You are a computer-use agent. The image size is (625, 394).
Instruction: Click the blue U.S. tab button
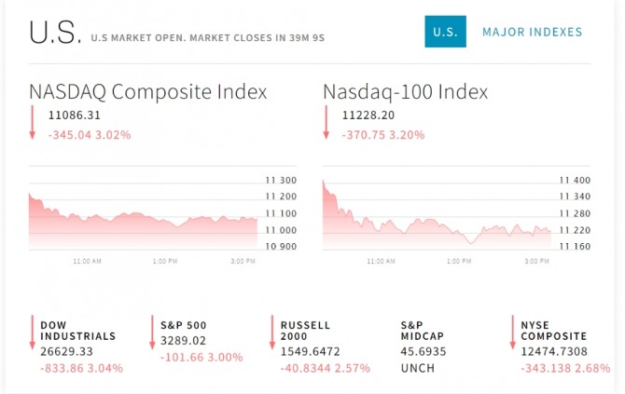pos(445,32)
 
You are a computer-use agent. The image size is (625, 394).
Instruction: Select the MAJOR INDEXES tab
pos(532,32)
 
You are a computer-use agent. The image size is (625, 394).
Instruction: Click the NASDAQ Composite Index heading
pos(148,92)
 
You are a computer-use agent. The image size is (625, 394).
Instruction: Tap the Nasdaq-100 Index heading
pos(405,92)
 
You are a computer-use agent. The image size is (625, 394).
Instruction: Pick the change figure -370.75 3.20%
pos(383,134)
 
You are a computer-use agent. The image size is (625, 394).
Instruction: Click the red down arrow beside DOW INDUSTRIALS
pos(32,333)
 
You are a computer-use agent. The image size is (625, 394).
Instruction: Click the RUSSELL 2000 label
pos(306,331)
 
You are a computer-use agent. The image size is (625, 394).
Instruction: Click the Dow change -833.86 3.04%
pos(81,368)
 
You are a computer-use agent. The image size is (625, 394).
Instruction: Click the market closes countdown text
pos(207,38)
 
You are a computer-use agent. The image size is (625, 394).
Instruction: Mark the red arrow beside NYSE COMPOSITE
pos(512,333)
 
